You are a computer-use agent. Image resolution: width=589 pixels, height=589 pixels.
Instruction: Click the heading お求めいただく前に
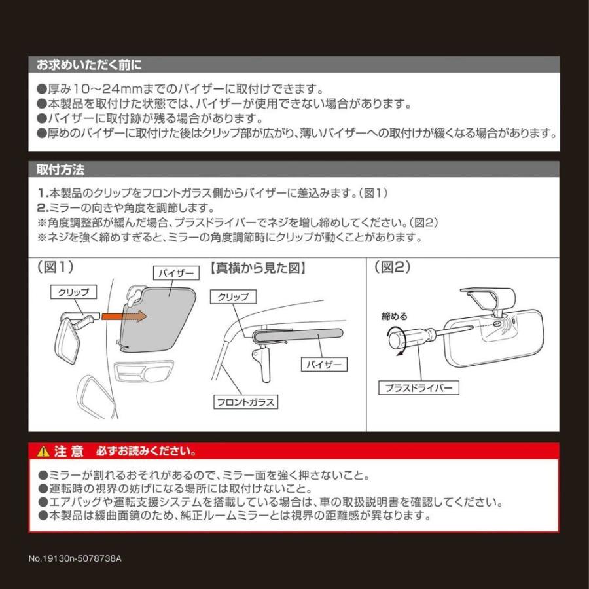coord(89,65)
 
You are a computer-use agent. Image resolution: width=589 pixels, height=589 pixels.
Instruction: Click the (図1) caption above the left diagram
coord(56,267)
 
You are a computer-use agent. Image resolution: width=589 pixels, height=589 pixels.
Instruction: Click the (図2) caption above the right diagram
coord(391,267)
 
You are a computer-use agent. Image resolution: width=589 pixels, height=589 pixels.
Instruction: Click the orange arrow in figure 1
coord(125,315)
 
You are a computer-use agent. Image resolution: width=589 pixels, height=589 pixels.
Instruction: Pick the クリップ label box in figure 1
coord(73,292)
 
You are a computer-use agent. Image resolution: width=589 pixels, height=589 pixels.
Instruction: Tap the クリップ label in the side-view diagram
coord(232,297)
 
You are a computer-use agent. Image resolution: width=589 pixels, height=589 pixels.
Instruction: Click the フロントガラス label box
coord(245,401)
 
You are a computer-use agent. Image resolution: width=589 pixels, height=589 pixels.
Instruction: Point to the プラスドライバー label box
coord(419,388)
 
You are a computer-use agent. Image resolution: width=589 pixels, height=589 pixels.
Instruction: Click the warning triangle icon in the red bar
coord(43,452)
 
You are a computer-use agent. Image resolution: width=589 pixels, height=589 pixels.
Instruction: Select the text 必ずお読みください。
coord(145,452)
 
